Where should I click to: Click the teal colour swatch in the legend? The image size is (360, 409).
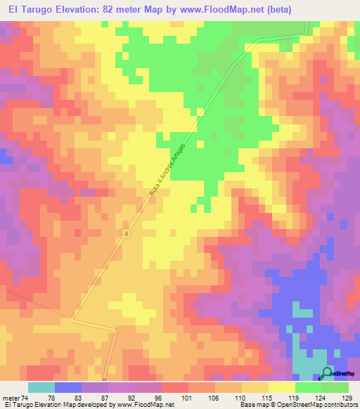41,387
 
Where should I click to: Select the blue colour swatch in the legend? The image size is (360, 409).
68,387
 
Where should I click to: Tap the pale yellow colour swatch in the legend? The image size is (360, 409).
282,387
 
